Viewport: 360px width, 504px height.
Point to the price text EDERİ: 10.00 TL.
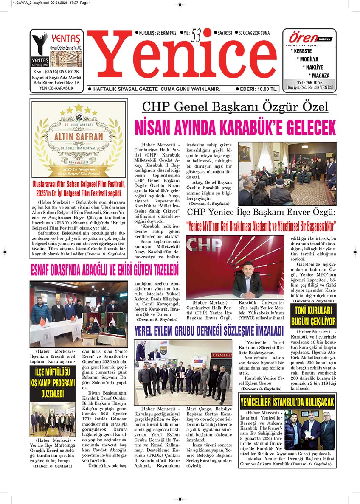click(258, 89)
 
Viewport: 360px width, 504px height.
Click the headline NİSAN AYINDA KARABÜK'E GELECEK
click(235, 128)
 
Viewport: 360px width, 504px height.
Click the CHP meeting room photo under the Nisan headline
click(287, 174)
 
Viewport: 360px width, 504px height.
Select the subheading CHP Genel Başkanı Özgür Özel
click(235, 106)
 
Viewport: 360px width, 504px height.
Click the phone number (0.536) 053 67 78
click(57, 71)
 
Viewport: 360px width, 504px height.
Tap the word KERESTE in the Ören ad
click(301, 51)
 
